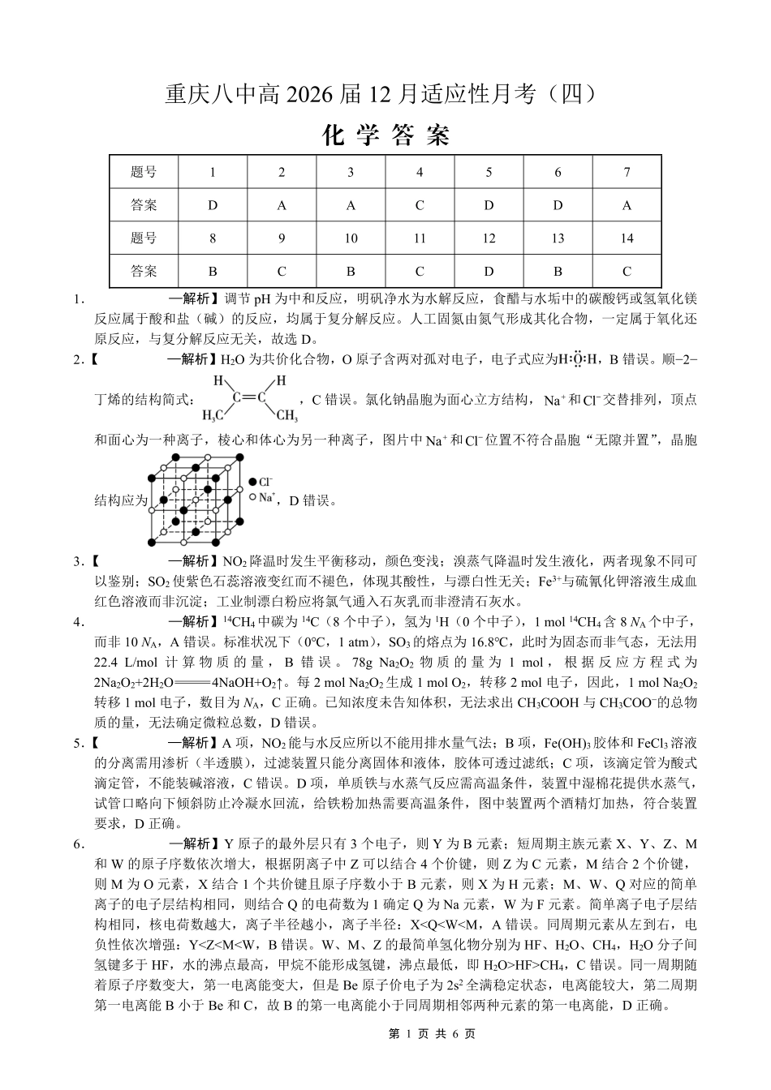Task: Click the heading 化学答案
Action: pyautogui.click(x=385, y=135)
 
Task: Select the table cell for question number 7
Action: pyautogui.click(x=627, y=172)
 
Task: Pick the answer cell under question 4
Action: pyautogui.click(x=420, y=205)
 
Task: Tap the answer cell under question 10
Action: pyautogui.click(x=351, y=272)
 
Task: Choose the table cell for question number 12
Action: pyautogui.click(x=489, y=238)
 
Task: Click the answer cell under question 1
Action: pyautogui.click(x=213, y=205)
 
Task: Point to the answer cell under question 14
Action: pyautogui.click(x=627, y=272)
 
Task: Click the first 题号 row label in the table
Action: pyautogui.click(x=144, y=172)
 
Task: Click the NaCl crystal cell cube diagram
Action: pyautogui.click(x=195, y=500)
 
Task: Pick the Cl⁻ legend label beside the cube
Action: pyautogui.click(x=265, y=483)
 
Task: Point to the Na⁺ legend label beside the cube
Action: pyautogui.click(x=267, y=497)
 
